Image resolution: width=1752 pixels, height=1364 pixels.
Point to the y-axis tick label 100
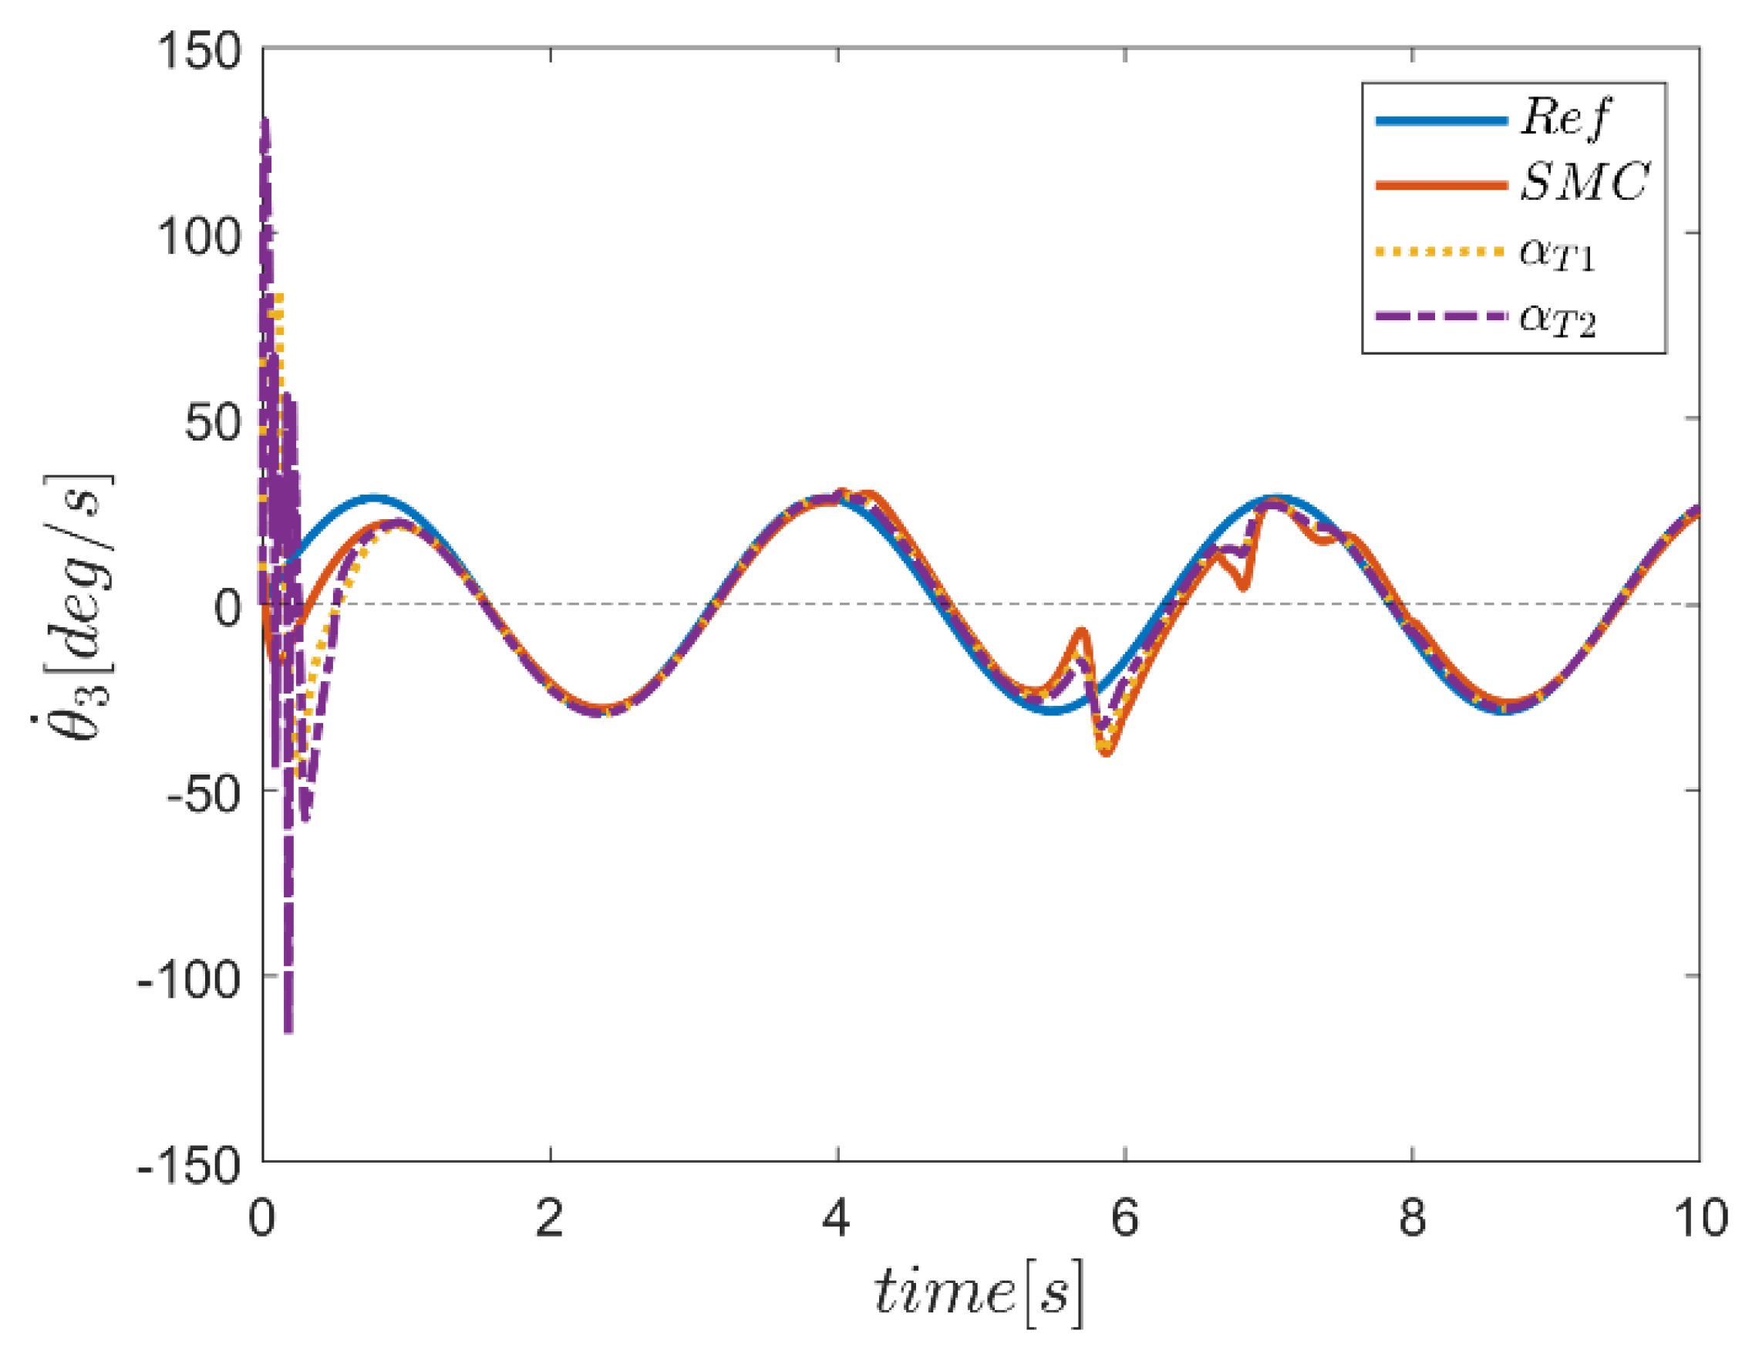(198, 237)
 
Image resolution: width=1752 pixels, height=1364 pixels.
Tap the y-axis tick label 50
(213, 422)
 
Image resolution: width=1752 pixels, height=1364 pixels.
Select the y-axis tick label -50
(203, 795)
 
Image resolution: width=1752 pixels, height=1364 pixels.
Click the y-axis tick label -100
(190, 980)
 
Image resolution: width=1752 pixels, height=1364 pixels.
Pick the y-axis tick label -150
(190, 1165)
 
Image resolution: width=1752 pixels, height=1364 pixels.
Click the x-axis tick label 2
(550, 1218)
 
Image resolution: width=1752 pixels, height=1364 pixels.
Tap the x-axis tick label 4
(837, 1218)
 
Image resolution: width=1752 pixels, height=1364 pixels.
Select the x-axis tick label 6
(1124, 1218)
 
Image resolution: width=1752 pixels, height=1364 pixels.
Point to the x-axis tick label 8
(1412, 1218)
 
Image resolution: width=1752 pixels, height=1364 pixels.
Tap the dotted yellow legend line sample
(1440, 252)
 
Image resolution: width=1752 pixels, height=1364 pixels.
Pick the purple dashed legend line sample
(1440, 316)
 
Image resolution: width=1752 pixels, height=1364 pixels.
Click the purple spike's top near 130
(264, 123)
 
